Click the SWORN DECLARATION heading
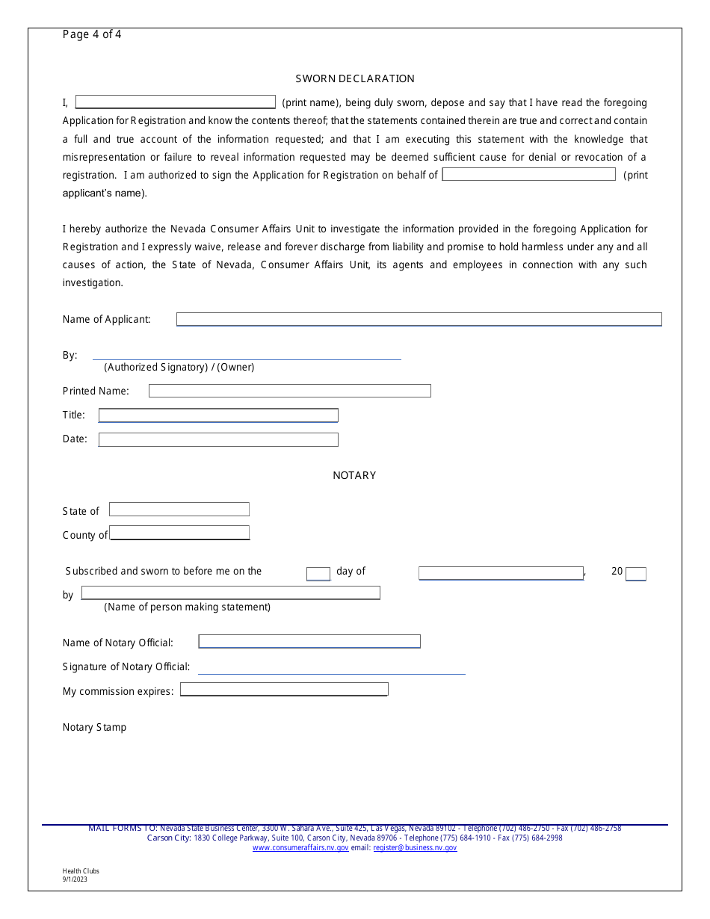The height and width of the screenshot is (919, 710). tap(355, 78)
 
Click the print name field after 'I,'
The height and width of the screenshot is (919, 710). tap(176, 102)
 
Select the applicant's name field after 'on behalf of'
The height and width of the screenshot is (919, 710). tap(528, 175)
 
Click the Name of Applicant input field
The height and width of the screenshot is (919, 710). tap(419, 319)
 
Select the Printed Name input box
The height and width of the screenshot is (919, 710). tap(290, 391)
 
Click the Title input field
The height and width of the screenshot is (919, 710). tap(218, 415)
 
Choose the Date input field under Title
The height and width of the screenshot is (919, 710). tap(218, 439)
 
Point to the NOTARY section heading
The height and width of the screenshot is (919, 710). tap(354, 475)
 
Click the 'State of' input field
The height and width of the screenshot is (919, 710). tap(179, 510)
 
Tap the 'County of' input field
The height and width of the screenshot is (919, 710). tap(179, 533)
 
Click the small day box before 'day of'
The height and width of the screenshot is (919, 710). tap(318, 574)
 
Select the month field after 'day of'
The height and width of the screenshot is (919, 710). tap(501, 573)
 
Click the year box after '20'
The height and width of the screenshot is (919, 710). tap(636, 574)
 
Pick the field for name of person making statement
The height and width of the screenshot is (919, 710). tap(230, 593)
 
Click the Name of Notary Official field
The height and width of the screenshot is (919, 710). tap(309, 642)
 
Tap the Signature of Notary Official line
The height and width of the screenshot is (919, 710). tap(331, 668)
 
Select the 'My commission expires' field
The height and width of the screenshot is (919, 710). tap(284, 690)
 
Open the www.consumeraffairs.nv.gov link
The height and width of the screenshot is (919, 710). tap(300, 848)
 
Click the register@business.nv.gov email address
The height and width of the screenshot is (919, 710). tap(415, 848)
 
